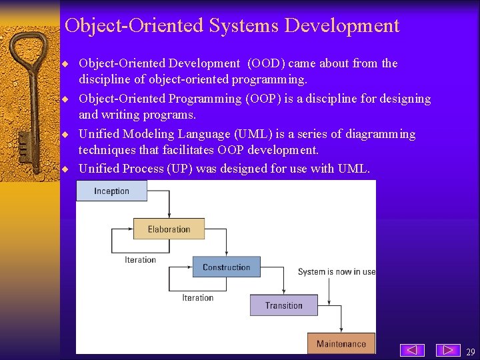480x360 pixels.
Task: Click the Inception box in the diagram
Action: point(111,191)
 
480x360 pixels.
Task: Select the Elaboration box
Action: point(169,229)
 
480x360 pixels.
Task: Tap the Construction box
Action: point(226,267)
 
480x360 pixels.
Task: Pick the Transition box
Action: point(283,305)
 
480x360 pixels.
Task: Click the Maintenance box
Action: point(341,343)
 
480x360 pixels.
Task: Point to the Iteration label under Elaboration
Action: point(140,260)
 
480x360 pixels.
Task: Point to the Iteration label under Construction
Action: point(197,298)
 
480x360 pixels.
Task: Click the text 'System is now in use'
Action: point(336,272)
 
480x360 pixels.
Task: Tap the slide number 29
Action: point(470,352)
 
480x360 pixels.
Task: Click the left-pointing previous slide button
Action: point(413,350)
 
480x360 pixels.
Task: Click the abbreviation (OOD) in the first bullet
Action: point(267,63)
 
